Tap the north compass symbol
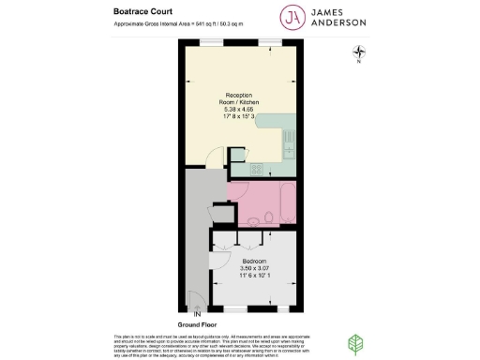[357, 55]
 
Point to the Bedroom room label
[255, 260]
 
